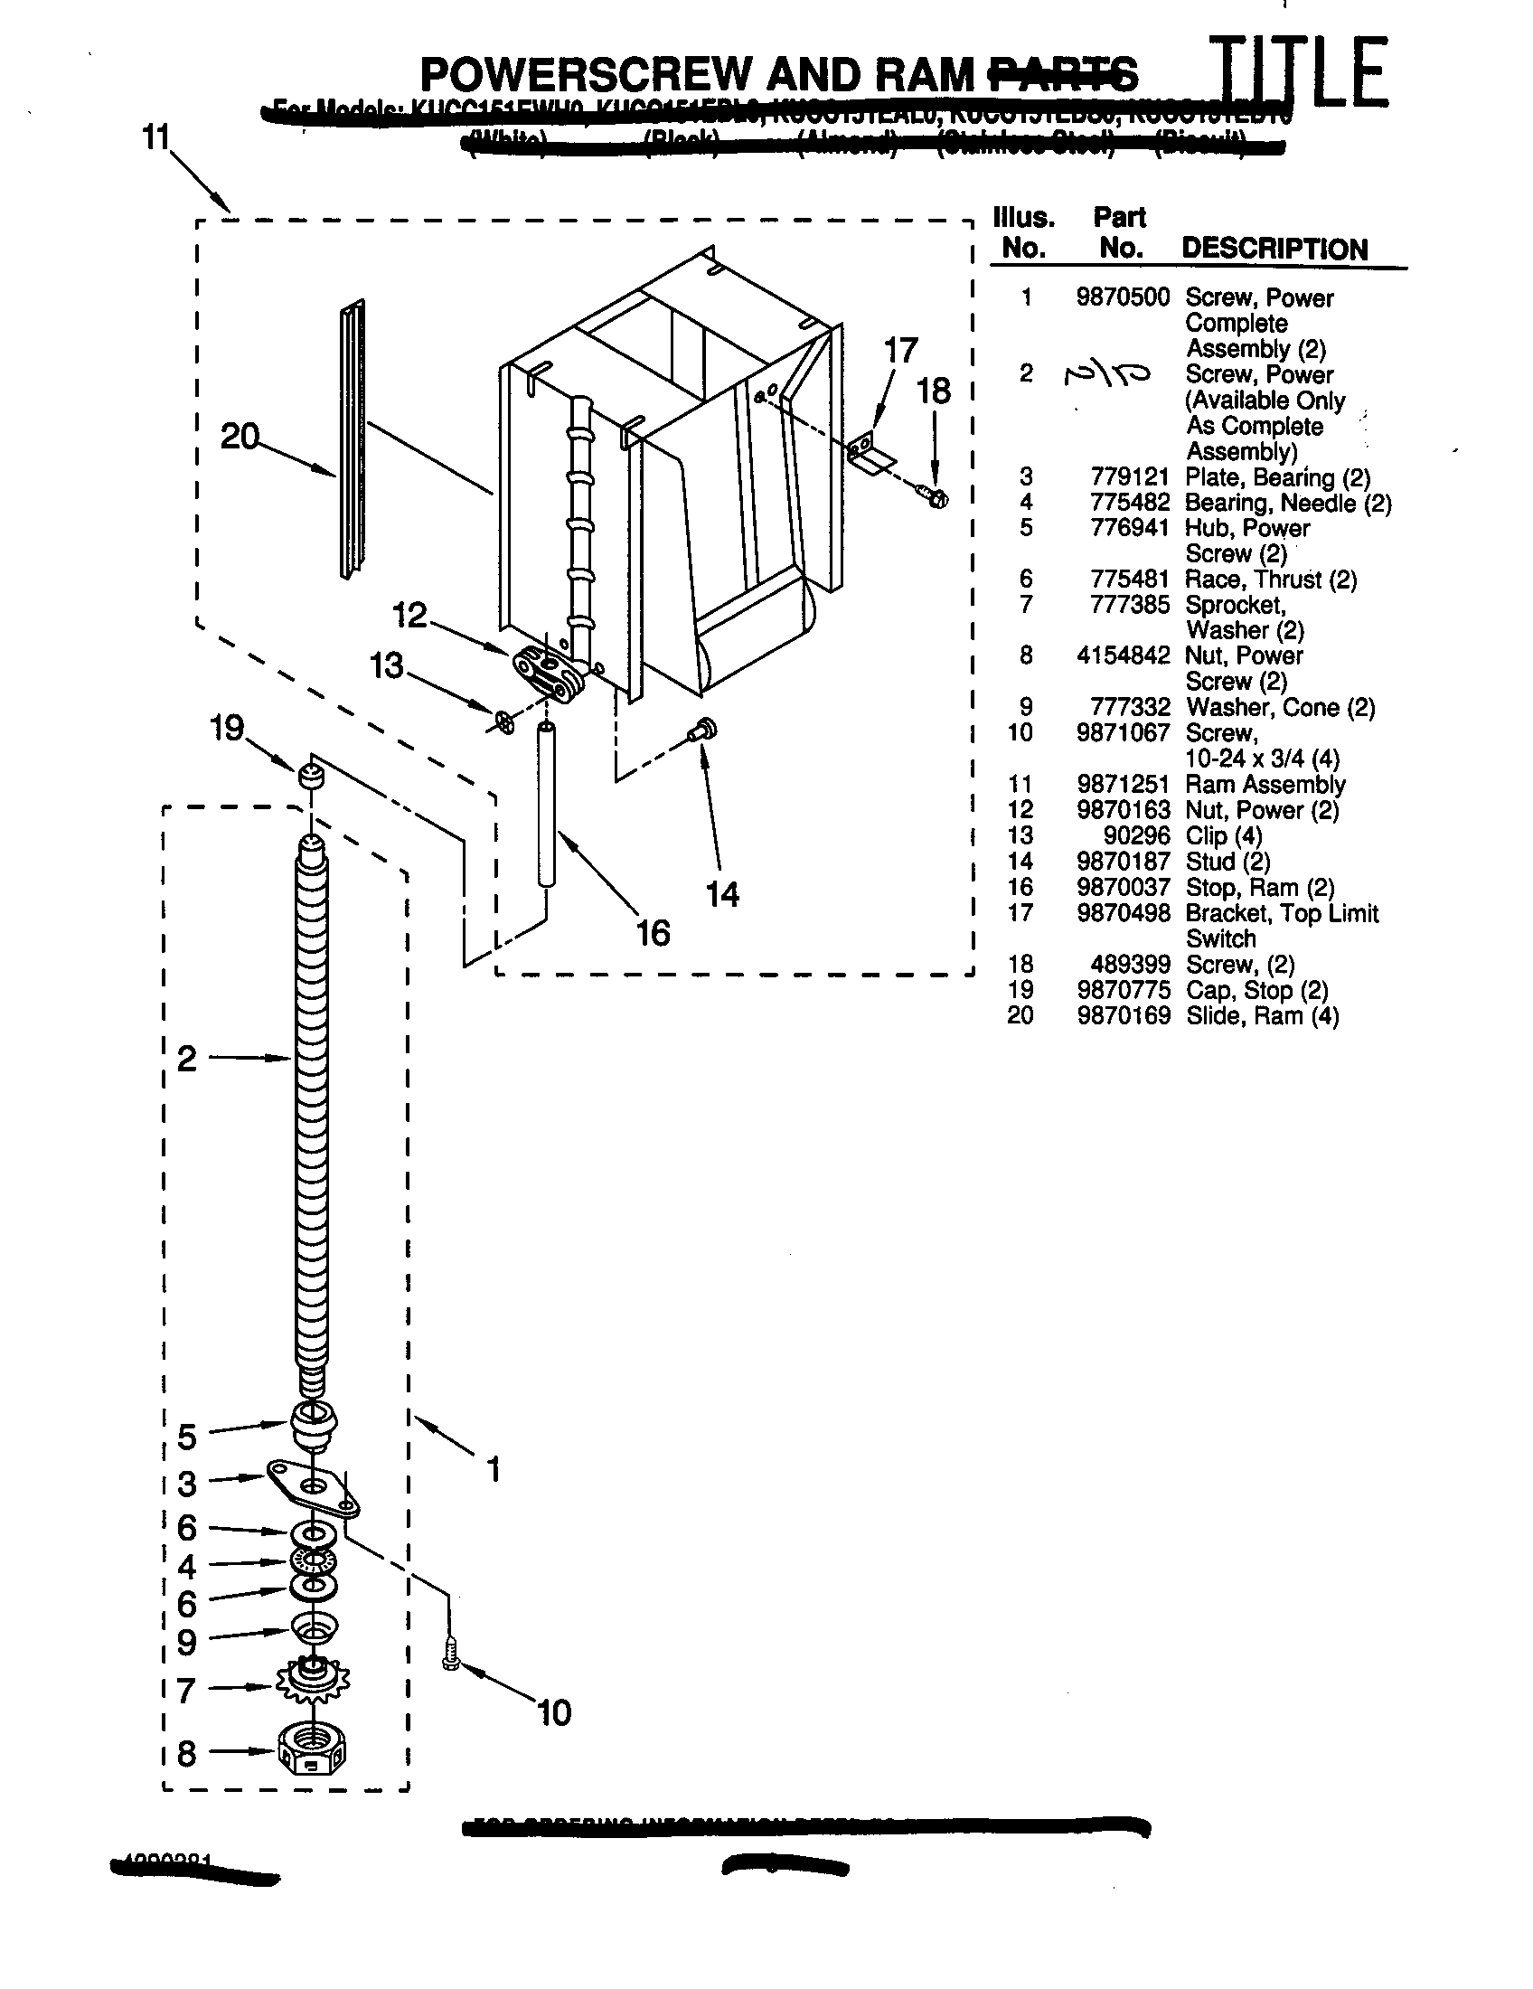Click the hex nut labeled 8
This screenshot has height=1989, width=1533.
(312, 1751)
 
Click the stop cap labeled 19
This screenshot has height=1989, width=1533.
(311, 777)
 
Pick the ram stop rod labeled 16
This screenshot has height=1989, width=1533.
(546, 803)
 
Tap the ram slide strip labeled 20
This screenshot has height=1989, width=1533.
(353, 438)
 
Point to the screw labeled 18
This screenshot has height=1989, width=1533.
(935, 496)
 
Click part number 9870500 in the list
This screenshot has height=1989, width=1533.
(1122, 297)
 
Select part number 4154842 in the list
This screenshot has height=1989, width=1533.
(1122, 655)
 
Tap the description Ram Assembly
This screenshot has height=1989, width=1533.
(1265, 784)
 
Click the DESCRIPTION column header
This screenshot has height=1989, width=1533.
(1274, 249)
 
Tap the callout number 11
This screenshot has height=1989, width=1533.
(155, 138)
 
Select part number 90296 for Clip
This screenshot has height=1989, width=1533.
(1136, 835)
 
